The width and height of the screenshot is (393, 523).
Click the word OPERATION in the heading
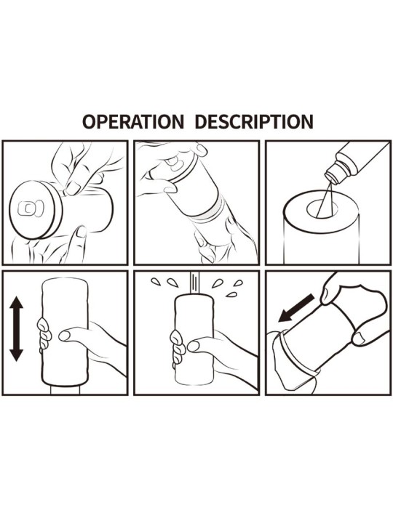point(133,122)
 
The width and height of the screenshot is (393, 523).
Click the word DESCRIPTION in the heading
point(254,122)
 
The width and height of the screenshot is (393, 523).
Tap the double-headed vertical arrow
point(16,329)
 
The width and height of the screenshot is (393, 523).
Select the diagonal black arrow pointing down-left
point(296,309)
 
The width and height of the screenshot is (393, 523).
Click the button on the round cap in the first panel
point(31,208)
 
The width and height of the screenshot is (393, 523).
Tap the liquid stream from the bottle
point(324,199)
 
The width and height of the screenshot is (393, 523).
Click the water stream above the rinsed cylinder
point(194,282)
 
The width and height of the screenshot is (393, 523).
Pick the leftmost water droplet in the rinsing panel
point(156,282)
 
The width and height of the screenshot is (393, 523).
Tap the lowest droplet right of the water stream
point(231,294)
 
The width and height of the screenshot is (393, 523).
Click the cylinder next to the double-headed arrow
point(65,331)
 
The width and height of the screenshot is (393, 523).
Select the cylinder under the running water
point(194,339)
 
